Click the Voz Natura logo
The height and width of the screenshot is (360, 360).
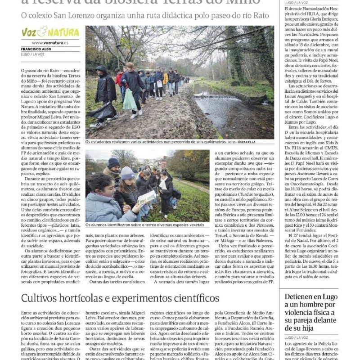[50, 32]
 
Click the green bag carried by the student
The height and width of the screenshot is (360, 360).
[130, 100]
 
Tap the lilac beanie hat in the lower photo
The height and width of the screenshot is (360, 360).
[127, 173]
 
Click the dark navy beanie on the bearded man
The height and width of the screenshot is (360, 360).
[113, 162]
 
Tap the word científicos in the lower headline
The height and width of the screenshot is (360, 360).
[191, 298]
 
